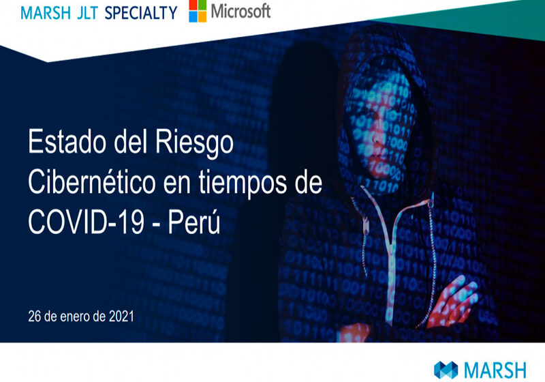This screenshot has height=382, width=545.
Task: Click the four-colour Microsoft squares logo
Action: (x=198, y=12)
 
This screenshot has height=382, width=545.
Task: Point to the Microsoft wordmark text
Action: (x=240, y=12)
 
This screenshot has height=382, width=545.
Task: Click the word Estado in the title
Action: (x=67, y=144)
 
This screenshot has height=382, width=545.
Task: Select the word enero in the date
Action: (x=69, y=317)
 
